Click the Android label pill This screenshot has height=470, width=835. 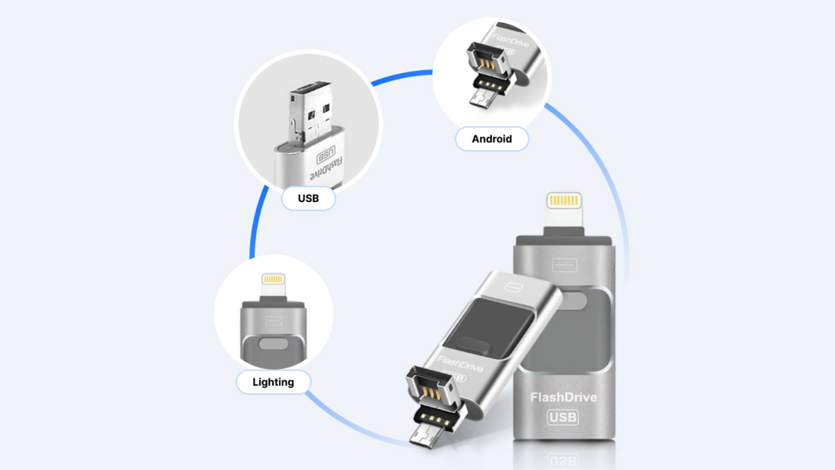pyautogui.click(x=492, y=139)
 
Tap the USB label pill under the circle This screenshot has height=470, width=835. pyautogui.click(x=308, y=198)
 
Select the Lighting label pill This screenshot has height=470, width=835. pyautogui.click(x=273, y=382)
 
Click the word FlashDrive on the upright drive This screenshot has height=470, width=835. pyautogui.click(x=564, y=398)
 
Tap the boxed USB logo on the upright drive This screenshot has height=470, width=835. pyautogui.click(x=563, y=417)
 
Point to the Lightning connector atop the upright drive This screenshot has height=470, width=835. pyautogui.click(x=564, y=202)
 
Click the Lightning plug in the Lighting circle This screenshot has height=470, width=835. pyautogui.click(x=273, y=281)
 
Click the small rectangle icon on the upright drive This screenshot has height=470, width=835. pyautogui.click(x=562, y=265)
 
